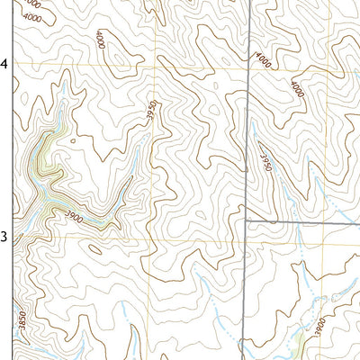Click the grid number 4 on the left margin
[4, 64]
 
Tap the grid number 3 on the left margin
[4, 237]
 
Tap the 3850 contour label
[15, 321]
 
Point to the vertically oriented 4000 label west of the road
[99, 40]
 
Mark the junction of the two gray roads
[246, 220]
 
